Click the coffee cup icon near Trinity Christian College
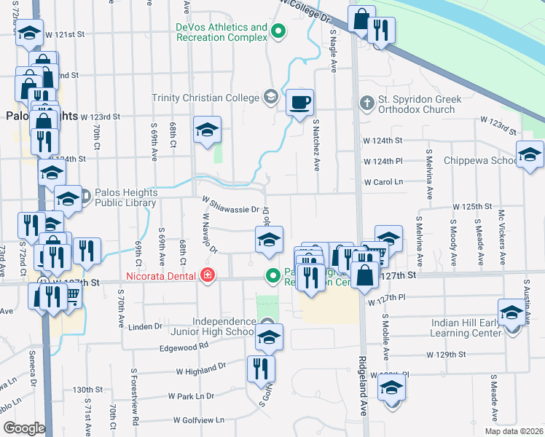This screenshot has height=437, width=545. [x=299, y=102]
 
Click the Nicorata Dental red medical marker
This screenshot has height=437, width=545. [x=208, y=275]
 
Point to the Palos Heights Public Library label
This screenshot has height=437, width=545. [x=125, y=198]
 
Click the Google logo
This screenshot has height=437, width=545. [x=23, y=428]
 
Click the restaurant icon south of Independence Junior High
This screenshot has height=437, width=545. [x=261, y=369]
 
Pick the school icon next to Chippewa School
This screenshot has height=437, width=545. [x=530, y=155]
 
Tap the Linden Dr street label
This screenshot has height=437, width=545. [x=144, y=326]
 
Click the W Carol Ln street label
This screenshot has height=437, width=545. [x=383, y=181]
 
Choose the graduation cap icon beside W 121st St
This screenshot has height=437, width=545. [x=29, y=34]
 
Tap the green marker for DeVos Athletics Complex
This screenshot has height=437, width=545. [x=278, y=31]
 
